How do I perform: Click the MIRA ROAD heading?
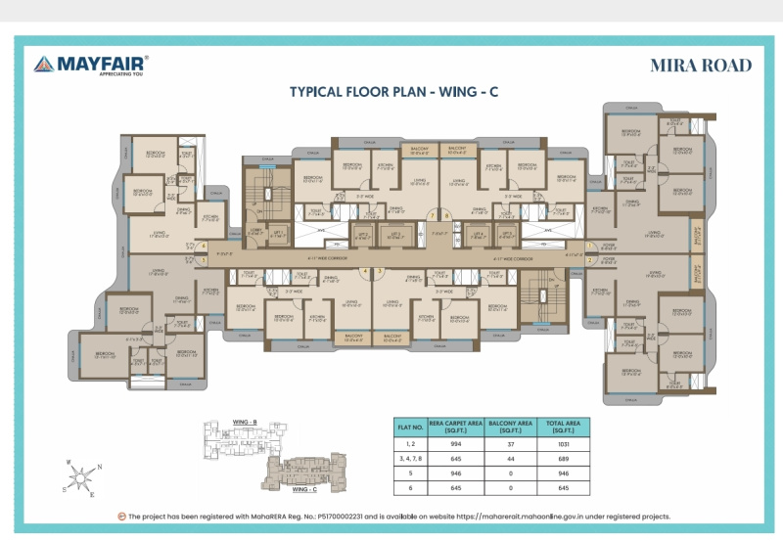[701, 66]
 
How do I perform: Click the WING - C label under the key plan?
[306, 487]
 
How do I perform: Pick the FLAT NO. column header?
[409, 427]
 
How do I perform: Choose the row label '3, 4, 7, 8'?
[409, 459]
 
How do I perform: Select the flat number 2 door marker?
[590, 261]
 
